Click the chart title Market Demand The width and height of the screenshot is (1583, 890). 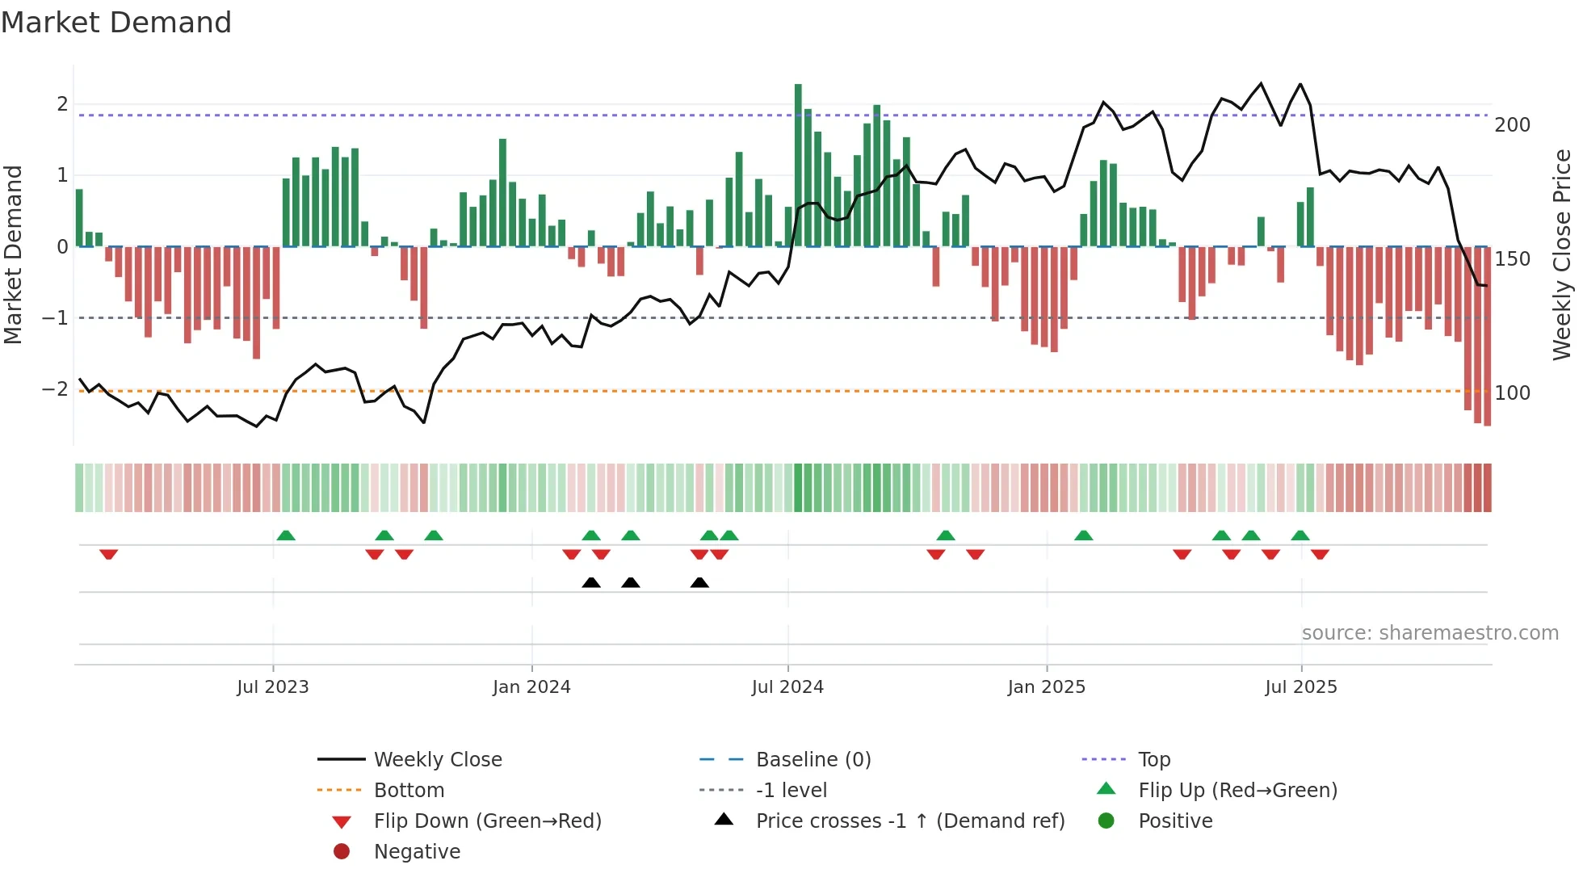[116, 23]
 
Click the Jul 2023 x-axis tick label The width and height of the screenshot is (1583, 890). [273, 687]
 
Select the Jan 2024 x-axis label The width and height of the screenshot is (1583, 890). [531, 687]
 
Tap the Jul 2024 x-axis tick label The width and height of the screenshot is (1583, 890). [787, 687]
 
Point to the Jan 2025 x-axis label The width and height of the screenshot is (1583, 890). [1047, 687]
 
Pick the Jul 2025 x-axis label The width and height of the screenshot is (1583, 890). [1301, 687]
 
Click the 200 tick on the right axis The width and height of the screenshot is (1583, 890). [1512, 125]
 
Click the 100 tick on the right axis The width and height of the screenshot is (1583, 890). [1512, 393]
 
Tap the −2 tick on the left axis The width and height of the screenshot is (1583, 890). [56, 389]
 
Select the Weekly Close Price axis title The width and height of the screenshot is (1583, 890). [1562, 254]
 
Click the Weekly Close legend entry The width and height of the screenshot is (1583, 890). [438, 760]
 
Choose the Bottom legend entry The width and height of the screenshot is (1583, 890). [409, 791]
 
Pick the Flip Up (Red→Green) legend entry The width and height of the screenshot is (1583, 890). [1237, 791]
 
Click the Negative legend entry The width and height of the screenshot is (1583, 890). [417, 852]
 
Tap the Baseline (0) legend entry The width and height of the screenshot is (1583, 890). [813, 760]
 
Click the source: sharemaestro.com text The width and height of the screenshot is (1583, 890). [1430, 633]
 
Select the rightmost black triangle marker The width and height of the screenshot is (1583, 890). [699, 583]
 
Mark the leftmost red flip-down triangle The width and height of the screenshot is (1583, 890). [109, 554]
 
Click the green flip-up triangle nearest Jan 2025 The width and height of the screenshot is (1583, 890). [1084, 535]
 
